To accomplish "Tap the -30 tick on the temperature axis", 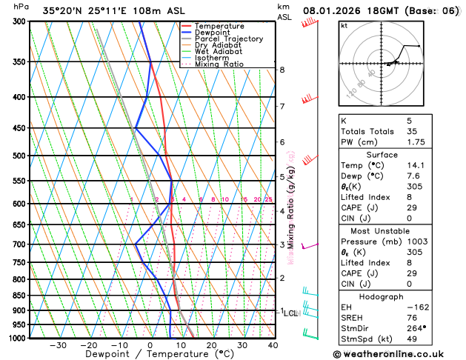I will [x=58, y=344].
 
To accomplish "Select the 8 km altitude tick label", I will [x=282, y=70].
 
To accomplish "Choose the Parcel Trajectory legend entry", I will [x=228, y=39].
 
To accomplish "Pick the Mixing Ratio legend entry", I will [x=219, y=64].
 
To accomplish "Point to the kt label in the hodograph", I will [x=344, y=25].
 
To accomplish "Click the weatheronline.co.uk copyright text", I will [x=399, y=353].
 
